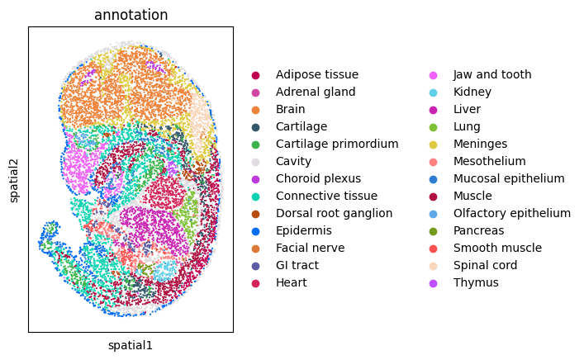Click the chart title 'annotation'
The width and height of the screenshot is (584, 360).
click(131, 15)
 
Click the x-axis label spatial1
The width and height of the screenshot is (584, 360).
click(131, 345)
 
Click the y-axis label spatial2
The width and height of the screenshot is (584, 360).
click(14, 181)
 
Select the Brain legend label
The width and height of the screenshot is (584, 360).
click(290, 109)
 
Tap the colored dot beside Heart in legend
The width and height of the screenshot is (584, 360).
click(255, 283)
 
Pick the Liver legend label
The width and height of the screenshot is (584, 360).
click(467, 109)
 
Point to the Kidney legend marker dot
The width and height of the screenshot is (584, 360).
click(433, 92)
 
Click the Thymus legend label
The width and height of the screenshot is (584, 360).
click(476, 283)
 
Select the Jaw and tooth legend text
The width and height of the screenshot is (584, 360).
click(492, 74)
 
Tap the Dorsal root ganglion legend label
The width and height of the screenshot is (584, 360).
click(334, 213)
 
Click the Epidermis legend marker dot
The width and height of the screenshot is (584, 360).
click(255, 231)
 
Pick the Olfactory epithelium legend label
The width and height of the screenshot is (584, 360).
click(512, 213)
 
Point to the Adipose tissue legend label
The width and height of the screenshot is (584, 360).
click(317, 74)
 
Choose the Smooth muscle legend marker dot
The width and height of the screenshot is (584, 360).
click(433, 249)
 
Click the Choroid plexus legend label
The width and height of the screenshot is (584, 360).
click(318, 178)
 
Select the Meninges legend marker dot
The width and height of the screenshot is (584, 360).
click(433, 144)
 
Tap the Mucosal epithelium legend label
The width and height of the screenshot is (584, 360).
click(509, 178)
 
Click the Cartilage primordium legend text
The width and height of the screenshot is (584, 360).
click(337, 144)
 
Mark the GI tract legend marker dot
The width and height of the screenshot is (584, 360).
click(255, 266)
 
